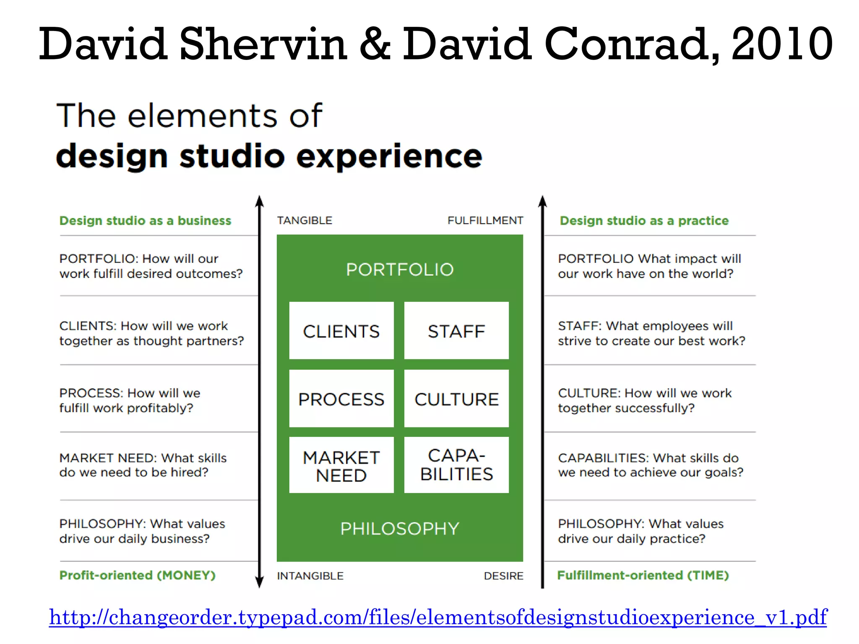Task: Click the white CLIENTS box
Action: (341, 331)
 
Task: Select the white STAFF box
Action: (456, 331)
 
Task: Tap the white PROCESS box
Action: (341, 399)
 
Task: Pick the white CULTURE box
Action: (456, 399)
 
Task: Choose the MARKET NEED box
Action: (341, 465)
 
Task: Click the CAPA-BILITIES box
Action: (456, 465)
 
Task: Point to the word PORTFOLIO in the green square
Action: (400, 270)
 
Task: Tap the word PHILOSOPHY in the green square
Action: (400, 529)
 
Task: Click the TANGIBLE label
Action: (305, 221)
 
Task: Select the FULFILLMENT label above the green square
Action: (485, 221)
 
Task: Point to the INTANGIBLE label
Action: (310, 576)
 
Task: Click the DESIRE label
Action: (503, 576)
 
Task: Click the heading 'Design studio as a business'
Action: (145, 221)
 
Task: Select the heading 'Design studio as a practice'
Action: (644, 221)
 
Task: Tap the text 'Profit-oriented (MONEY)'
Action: (138, 575)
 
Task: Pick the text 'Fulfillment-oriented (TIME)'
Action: (643, 575)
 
